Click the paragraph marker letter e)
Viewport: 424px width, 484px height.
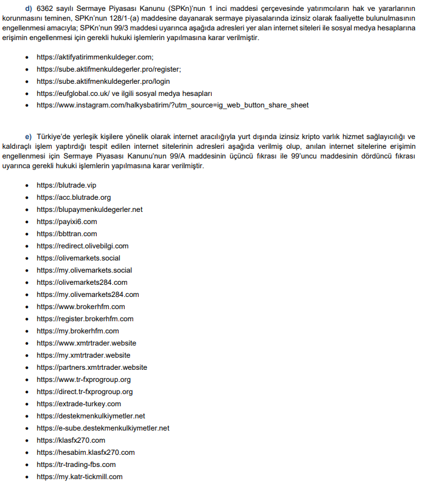[28, 136]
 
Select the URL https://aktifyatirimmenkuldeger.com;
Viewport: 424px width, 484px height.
[95, 56]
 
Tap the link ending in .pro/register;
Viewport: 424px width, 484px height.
[108, 69]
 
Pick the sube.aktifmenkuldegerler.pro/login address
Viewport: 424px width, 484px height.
[103, 81]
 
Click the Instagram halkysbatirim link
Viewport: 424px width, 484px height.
[172, 105]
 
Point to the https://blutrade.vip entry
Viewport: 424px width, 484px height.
[66, 185]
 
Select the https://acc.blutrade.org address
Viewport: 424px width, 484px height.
[74, 197]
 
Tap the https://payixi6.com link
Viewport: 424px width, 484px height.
[66, 222]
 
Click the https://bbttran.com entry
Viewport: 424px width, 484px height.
[66, 234]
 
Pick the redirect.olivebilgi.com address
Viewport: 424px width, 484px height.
[82, 246]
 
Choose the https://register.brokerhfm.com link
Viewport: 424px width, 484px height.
[85, 319]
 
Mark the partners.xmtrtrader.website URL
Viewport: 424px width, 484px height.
[91, 367]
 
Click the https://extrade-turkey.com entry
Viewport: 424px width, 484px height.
[78, 404]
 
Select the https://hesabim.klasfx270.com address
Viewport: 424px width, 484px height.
[85, 452]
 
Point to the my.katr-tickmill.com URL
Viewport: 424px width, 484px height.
[79, 477]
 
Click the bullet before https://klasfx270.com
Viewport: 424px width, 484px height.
[27, 440]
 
